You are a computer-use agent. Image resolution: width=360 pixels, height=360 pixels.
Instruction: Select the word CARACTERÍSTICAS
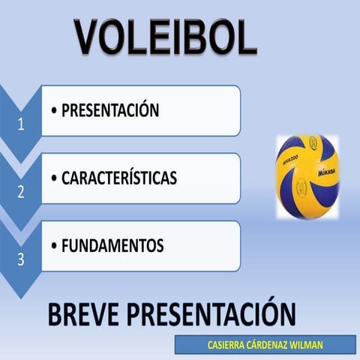[x=118, y=178]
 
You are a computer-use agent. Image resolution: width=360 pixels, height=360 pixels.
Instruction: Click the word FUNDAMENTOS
[x=112, y=246]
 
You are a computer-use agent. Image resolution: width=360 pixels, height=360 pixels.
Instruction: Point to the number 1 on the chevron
[x=21, y=126]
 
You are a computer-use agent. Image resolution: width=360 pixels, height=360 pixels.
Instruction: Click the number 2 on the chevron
[x=21, y=192]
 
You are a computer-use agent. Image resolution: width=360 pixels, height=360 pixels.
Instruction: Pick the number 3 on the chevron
[x=21, y=259]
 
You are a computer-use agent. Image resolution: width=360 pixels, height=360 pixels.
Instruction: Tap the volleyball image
[x=307, y=177]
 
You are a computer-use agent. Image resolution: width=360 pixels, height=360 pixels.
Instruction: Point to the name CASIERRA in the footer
[x=227, y=346]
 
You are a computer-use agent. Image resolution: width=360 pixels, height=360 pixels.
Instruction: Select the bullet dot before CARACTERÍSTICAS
[x=54, y=179]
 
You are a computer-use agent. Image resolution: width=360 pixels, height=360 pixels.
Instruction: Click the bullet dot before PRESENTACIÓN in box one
[x=54, y=112]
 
